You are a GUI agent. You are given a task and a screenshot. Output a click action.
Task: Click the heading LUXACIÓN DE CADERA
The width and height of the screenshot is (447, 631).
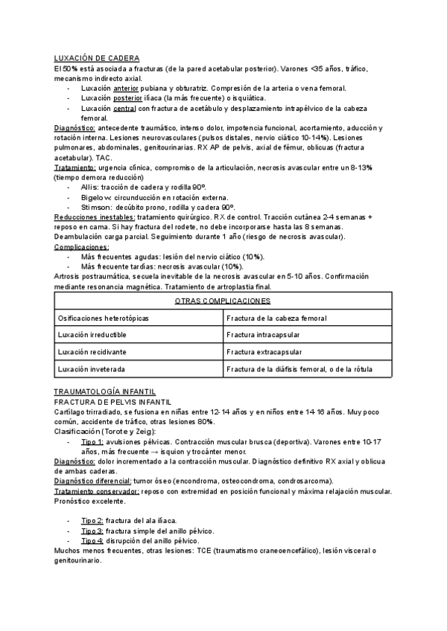[x=97, y=58]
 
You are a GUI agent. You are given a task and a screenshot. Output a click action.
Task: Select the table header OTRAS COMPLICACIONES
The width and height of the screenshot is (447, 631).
[x=222, y=301]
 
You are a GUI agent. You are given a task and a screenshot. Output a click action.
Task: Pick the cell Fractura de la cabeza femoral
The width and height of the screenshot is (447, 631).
[x=276, y=318]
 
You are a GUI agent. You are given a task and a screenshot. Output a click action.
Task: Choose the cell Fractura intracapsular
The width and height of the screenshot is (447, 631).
[x=264, y=335]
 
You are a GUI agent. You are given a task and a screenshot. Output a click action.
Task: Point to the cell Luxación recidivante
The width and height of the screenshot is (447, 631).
[x=92, y=352]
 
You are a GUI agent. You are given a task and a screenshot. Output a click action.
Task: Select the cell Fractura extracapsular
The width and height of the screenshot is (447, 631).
[x=264, y=352]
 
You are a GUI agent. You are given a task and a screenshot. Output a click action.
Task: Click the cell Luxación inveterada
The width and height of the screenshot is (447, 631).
[x=91, y=369]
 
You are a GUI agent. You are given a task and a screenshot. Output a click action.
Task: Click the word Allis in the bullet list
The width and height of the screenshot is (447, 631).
[x=89, y=186]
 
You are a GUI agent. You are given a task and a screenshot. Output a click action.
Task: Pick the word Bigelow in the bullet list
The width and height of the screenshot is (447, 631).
[x=95, y=196]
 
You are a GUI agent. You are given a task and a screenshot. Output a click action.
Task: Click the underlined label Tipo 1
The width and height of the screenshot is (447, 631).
[x=92, y=441]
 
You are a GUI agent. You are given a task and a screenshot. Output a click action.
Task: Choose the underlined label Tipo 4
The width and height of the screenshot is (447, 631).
[x=92, y=540]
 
